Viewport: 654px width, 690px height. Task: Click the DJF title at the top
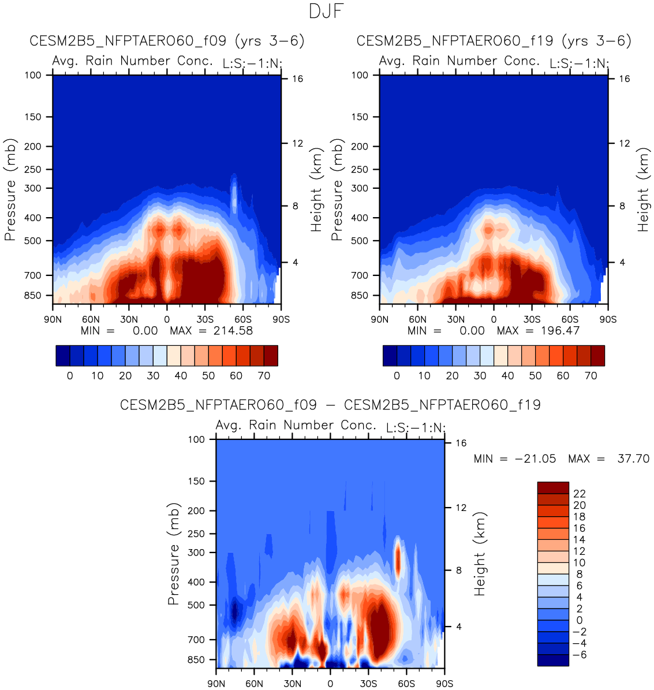pos(327,12)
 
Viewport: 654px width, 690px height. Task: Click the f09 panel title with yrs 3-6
pos(167,42)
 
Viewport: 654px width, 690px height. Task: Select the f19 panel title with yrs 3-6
pos(494,42)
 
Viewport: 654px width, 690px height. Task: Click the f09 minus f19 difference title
pos(330,405)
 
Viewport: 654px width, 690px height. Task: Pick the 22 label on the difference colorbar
pos(579,494)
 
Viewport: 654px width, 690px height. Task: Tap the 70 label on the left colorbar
pos(264,376)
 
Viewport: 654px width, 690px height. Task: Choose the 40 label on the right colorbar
pos(507,376)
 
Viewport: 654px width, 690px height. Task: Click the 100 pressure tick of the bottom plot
pos(197,439)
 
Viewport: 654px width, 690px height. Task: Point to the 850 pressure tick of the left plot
pos(34,296)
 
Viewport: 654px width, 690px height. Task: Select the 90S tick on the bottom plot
pos(444,684)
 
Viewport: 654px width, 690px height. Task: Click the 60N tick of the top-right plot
pos(417,319)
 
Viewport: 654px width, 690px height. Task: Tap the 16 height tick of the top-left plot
pos(297,79)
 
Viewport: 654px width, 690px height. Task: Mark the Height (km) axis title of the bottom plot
pos(480,554)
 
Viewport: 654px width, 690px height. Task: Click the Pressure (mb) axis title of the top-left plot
pos(10,190)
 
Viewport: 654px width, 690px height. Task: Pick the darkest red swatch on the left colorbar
pos(271,356)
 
